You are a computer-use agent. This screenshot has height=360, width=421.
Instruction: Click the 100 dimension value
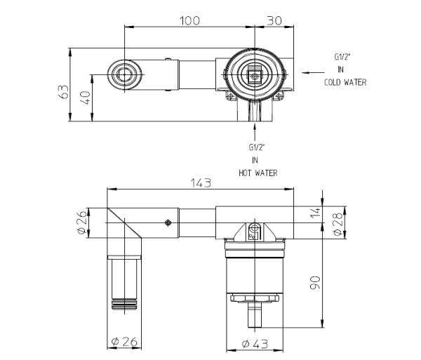click(x=189, y=20)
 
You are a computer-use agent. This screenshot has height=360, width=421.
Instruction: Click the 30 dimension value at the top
click(x=274, y=20)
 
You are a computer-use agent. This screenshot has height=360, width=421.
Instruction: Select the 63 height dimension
click(x=64, y=92)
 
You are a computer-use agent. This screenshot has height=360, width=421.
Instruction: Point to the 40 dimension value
click(x=86, y=98)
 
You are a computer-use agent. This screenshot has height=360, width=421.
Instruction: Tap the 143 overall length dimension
click(x=201, y=183)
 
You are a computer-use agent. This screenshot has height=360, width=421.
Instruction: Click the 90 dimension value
click(x=316, y=283)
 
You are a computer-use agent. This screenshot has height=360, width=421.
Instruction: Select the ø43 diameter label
click(x=255, y=344)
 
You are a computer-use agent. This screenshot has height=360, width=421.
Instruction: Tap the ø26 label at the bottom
click(x=124, y=342)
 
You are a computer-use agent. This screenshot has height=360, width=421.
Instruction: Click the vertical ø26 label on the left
click(x=82, y=222)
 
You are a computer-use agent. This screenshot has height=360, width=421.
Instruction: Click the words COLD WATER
click(x=345, y=82)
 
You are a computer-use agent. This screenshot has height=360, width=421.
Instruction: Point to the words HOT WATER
click(x=258, y=173)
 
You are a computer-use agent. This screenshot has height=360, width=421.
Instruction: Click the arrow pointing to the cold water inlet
click(x=313, y=72)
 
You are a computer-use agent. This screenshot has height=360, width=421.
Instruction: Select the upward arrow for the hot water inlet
click(x=255, y=133)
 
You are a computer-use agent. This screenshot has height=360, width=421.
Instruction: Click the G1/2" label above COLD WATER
click(x=342, y=57)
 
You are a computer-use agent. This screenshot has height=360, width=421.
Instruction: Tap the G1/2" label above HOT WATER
click(x=257, y=147)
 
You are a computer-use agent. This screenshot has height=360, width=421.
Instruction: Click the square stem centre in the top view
click(x=255, y=76)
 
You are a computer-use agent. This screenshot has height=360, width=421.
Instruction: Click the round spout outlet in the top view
click(x=124, y=74)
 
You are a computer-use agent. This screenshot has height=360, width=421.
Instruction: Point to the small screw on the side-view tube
click(x=168, y=222)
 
